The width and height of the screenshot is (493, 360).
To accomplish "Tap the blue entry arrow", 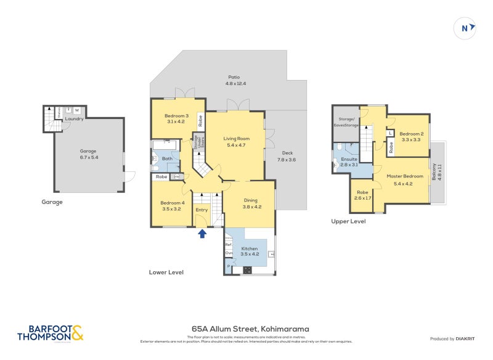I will [x=202, y=233].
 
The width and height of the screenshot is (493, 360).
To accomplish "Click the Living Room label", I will [x=235, y=139].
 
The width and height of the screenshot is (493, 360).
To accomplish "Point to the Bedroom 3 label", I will [x=176, y=117].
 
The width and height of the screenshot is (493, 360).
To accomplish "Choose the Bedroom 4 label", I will [x=173, y=203].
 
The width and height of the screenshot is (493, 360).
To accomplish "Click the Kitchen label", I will [x=249, y=248].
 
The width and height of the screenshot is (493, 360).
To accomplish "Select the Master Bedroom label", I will [x=403, y=177].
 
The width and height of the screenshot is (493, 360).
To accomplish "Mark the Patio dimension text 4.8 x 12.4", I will [x=236, y=83].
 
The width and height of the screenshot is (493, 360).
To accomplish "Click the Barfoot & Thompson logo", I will [x=50, y=333].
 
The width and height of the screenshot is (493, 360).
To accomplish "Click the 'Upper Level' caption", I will [x=348, y=221].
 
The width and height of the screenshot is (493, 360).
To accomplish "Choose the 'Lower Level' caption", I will [x=166, y=272].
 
